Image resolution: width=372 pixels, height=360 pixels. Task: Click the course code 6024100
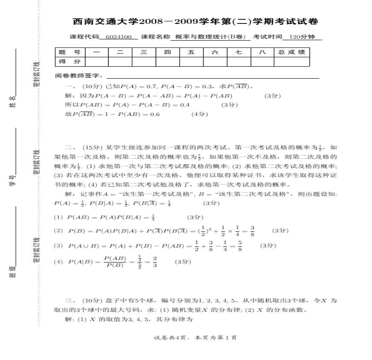pyautogui.click(x=119, y=37)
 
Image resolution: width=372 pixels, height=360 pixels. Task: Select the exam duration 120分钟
pyautogui.click(x=301, y=37)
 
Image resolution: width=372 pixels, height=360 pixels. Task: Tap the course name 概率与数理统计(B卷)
pyautogui.click(x=210, y=37)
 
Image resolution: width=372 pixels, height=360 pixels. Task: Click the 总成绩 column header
pyautogui.click(x=291, y=52)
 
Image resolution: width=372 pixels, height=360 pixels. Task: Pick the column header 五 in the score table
pyautogui.click(x=191, y=52)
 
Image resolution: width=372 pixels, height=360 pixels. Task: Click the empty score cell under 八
pyautogui.click(x=262, y=62)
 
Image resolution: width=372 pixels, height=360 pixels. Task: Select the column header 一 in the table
pyautogui.click(x=96, y=52)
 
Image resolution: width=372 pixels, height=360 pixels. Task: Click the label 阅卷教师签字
pyautogui.click(x=79, y=76)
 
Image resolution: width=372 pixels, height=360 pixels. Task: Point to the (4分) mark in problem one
pyautogui.click(x=199, y=114)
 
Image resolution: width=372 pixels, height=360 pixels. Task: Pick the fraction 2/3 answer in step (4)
pyautogui.click(x=154, y=262)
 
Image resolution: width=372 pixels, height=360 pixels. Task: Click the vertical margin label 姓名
pyautogui.click(x=13, y=102)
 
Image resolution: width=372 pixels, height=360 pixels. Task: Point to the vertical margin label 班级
pyautogui.click(x=13, y=272)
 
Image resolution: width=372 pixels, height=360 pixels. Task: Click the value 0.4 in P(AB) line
pyautogui.click(x=185, y=105)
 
